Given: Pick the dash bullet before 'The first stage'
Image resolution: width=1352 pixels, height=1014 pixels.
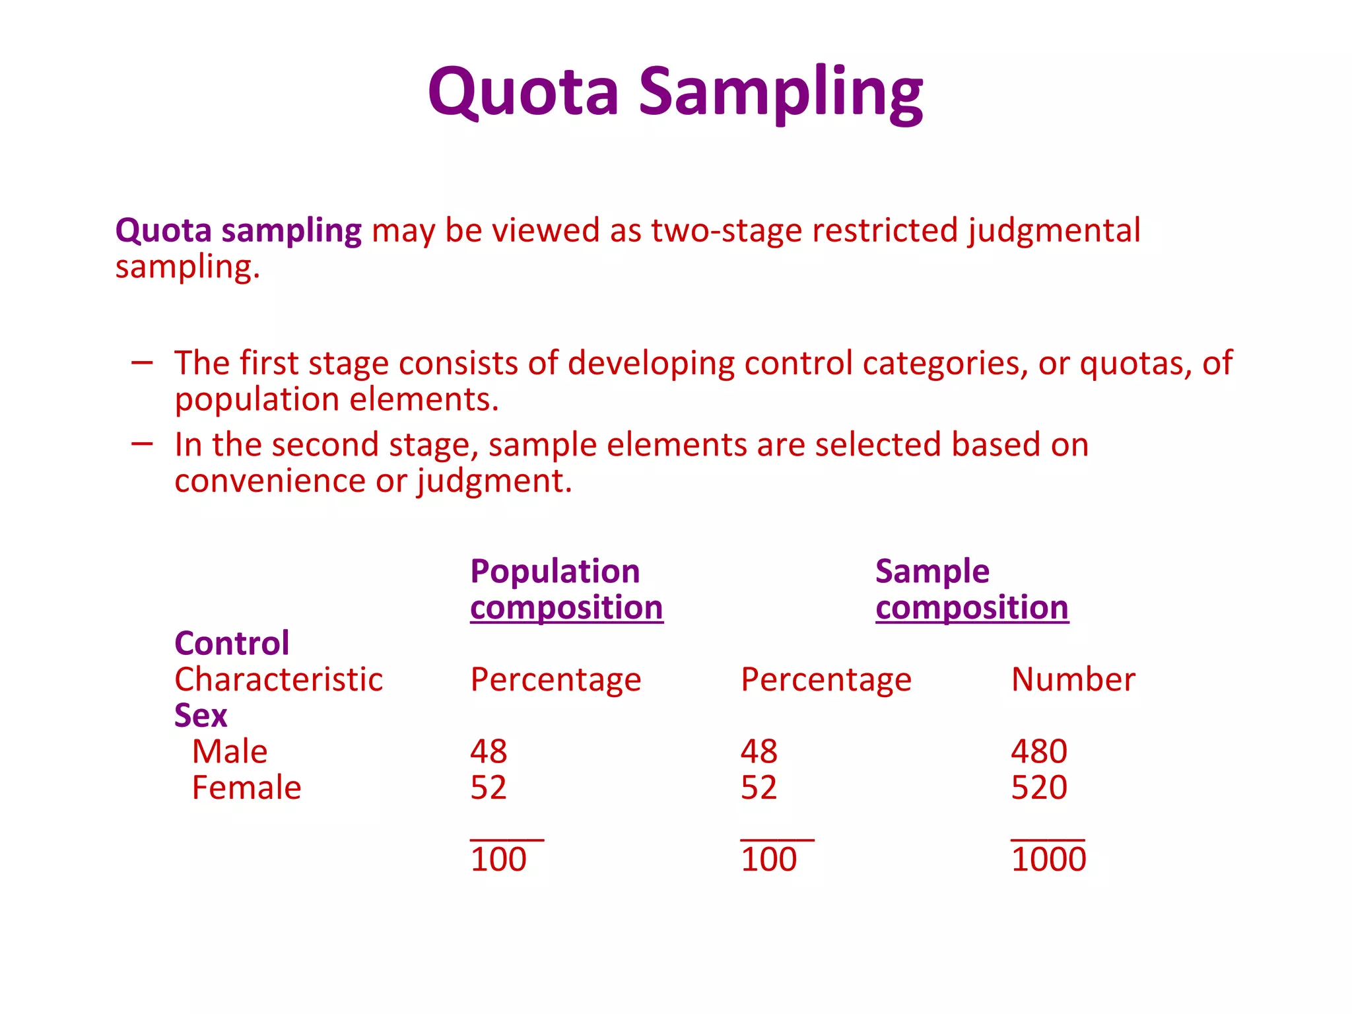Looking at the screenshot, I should pyautogui.click(x=142, y=362).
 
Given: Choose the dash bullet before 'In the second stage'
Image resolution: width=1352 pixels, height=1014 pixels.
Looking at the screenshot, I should pyautogui.click(x=142, y=444).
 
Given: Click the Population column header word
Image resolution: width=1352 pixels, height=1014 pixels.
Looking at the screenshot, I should pyautogui.click(x=555, y=572).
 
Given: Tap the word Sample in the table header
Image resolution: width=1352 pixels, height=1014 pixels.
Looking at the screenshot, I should pyautogui.click(x=932, y=572).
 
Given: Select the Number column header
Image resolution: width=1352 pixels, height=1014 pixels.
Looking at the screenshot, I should pyautogui.click(x=1073, y=680).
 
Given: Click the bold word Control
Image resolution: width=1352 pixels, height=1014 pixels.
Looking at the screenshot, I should pyautogui.click(x=232, y=644).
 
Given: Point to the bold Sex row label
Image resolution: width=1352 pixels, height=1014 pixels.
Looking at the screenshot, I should pyautogui.click(x=201, y=716).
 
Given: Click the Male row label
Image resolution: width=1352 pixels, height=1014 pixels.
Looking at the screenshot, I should pyautogui.click(x=230, y=752).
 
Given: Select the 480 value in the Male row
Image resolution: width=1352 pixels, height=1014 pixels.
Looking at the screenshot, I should pyautogui.click(x=1039, y=752).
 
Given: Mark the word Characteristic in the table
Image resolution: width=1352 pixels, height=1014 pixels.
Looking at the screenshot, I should pyautogui.click(x=279, y=680).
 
